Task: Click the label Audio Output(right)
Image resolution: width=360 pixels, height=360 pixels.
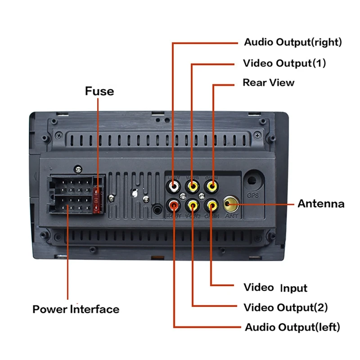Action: click(292, 43)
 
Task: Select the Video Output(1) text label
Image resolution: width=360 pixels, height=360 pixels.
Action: click(284, 63)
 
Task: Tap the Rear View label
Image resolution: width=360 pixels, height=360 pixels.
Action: click(269, 83)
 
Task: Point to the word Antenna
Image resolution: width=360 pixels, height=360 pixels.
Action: click(321, 204)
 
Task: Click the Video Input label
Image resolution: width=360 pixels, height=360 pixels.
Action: click(275, 288)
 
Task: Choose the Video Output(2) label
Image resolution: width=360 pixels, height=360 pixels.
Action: click(285, 308)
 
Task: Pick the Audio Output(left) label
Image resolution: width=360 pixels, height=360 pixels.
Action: click(292, 327)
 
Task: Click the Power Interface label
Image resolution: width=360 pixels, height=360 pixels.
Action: click(76, 310)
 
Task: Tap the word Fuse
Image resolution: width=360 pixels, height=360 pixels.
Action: click(99, 91)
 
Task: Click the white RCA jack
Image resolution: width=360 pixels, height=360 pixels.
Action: click(174, 184)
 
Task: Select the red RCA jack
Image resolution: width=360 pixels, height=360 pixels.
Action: click(174, 206)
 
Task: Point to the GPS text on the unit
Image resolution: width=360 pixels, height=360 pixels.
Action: click(252, 196)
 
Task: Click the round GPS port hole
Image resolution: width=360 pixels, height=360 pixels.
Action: click(252, 181)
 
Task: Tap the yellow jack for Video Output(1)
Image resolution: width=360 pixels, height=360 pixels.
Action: click(193, 184)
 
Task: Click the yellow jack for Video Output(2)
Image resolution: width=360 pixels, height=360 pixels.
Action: click(193, 206)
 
